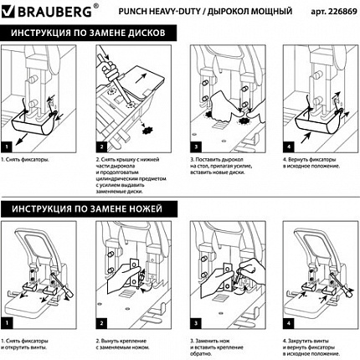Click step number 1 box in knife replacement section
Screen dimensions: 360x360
10,321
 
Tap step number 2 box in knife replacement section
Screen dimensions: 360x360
100,321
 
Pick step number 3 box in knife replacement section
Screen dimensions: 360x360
193,321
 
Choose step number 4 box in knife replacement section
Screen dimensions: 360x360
286,321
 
